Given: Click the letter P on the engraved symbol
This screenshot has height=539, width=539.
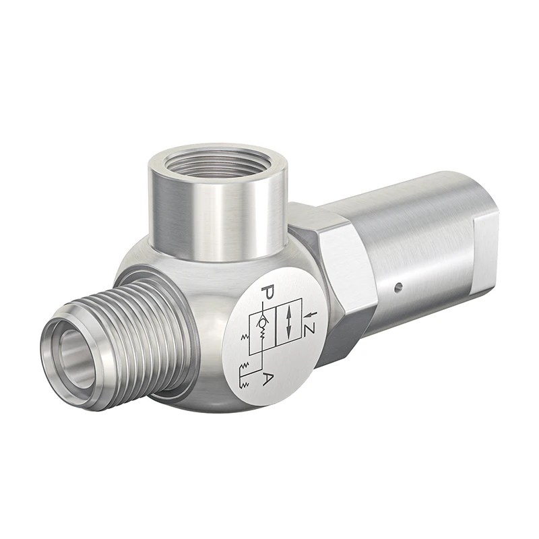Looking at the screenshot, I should coord(267,294).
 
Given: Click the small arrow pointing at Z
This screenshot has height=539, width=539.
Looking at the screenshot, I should coord(309,315).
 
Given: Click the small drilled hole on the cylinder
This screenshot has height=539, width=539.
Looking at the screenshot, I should coord(398,288).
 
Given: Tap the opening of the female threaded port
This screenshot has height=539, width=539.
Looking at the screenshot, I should coord(218,162).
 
